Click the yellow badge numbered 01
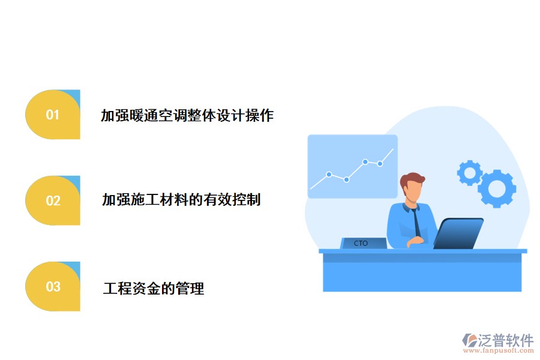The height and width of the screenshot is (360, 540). [53, 115]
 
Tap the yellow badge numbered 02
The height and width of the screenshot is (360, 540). [53, 200]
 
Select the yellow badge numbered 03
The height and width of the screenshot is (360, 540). [53, 287]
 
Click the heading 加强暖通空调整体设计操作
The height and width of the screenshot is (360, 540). [187, 115]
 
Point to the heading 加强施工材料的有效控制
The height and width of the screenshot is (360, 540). [181, 199]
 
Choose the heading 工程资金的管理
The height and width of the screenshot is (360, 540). [154, 289]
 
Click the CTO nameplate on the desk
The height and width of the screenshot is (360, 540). [361, 243]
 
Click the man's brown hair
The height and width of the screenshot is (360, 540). [413, 178]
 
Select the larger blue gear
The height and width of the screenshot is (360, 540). [497, 188]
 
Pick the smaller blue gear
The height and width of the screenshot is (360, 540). [470, 173]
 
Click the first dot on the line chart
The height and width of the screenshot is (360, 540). [329, 175]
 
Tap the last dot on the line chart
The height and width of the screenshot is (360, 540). [380, 163]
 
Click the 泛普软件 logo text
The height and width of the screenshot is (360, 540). [505, 340]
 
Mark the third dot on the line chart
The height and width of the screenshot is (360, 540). [365, 161]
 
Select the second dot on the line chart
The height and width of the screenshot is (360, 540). [346, 179]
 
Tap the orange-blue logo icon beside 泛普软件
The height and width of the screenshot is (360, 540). [470, 340]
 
